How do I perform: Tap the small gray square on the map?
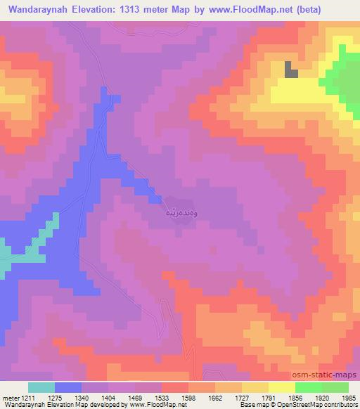[290, 70]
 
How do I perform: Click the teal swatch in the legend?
[41, 387]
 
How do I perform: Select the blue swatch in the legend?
[67, 387]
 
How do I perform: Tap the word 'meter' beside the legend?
[11, 398]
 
